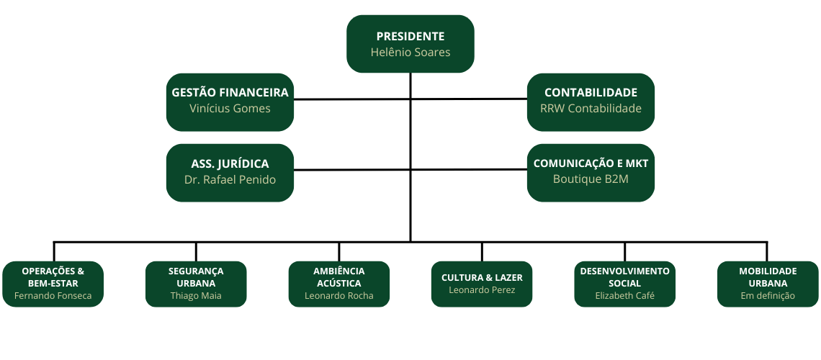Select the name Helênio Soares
[x=410, y=53]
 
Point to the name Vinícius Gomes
[x=230, y=109]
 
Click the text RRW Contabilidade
[x=591, y=109]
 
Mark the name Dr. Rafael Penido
[x=230, y=179]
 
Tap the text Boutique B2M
[x=591, y=179]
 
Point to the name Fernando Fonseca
[x=53, y=296]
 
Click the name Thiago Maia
[x=196, y=296]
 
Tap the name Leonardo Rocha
[x=338, y=296]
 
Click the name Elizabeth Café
[x=624, y=296]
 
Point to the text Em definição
[x=768, y=296]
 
